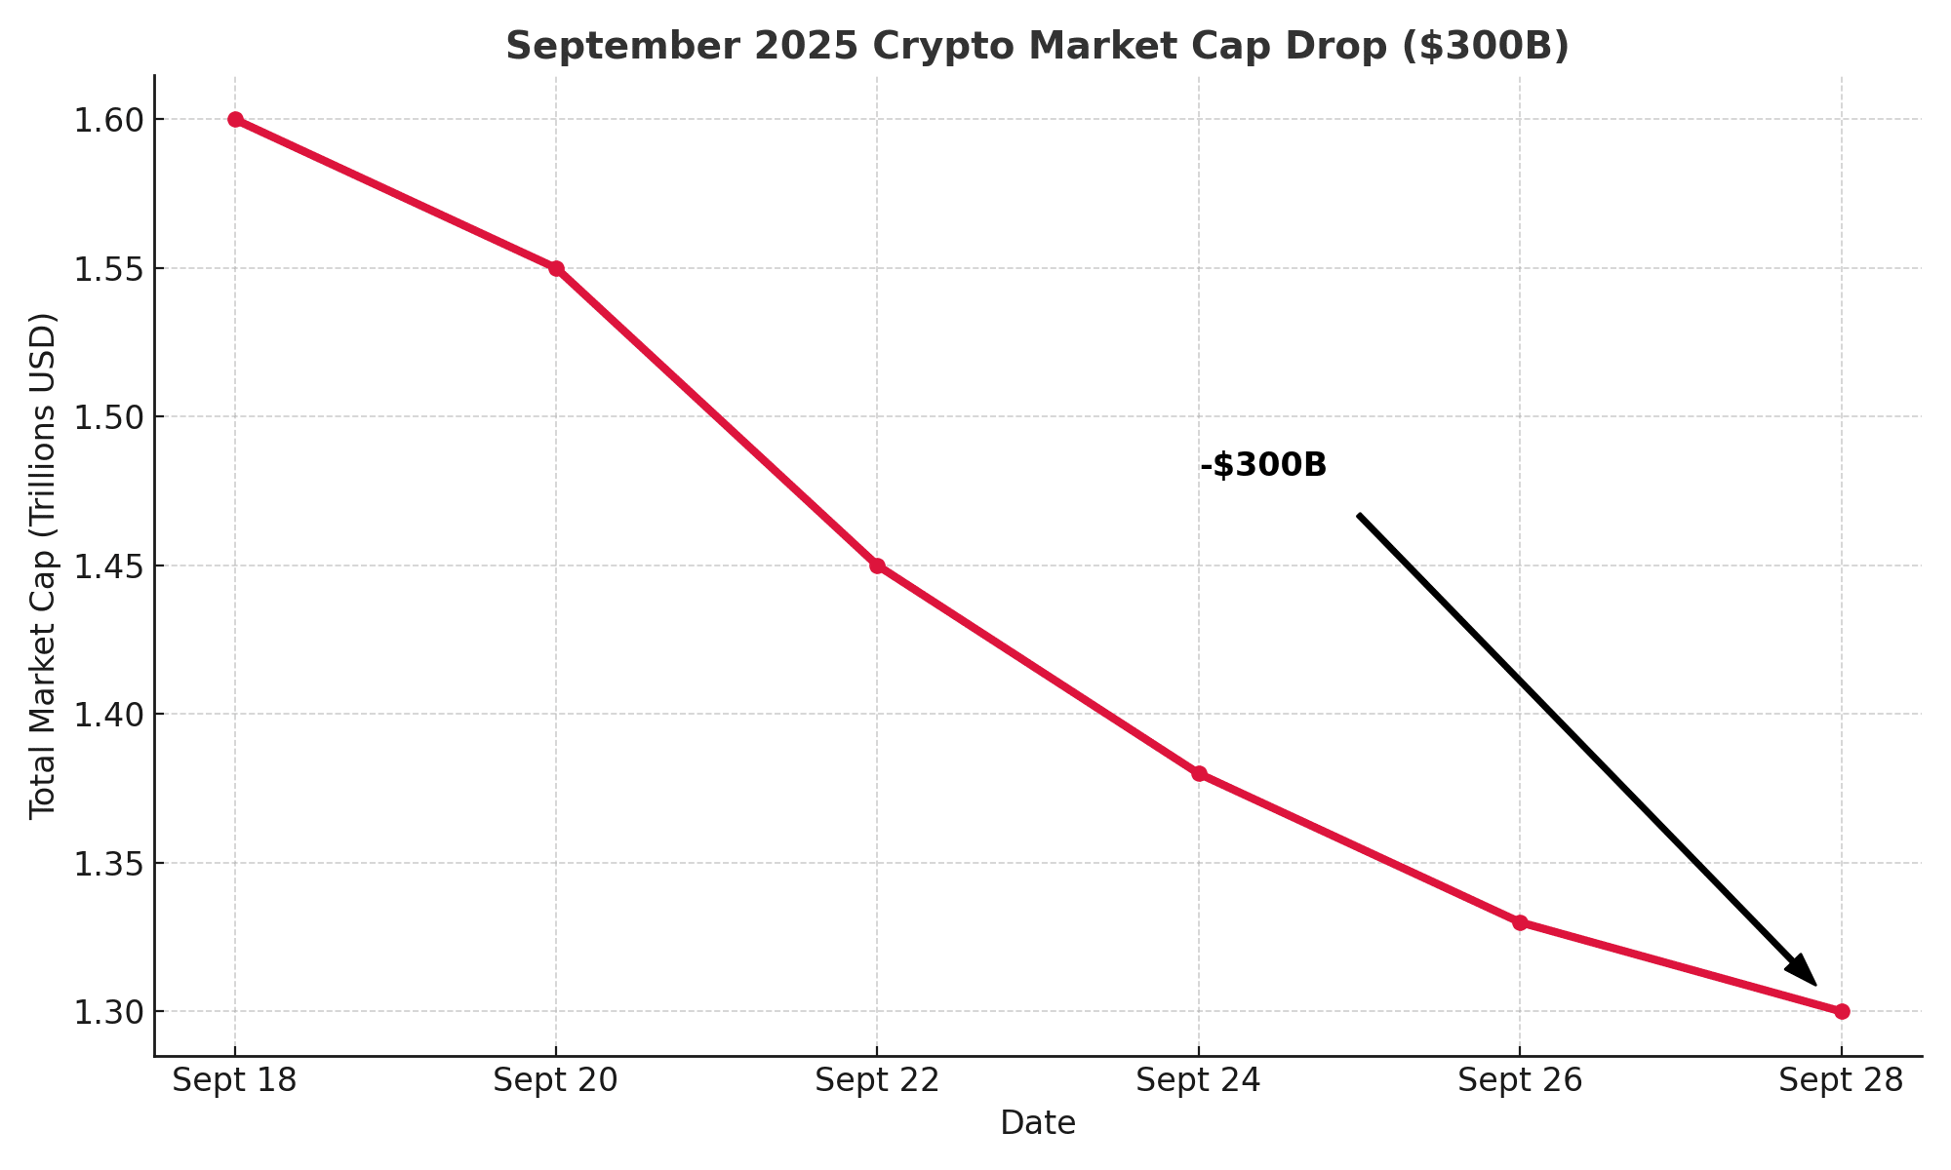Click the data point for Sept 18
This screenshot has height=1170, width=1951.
tap(235, 120)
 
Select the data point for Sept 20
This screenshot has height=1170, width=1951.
tap(556, 268)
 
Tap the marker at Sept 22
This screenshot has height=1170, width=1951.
tap(877, 565)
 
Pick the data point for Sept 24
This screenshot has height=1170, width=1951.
tap(1199, 774)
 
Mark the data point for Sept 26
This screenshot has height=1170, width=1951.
tap(1520, 922)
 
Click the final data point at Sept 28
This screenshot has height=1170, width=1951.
tap(1842, 1012)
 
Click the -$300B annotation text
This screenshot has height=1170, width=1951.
tap(1263, 466)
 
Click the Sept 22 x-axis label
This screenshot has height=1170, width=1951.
tap(877, 1080)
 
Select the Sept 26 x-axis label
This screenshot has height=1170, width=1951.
tap(1520, 1080)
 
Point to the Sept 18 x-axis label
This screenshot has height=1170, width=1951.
tap(235, 1080)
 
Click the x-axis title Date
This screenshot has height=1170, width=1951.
tap(1038, 1123)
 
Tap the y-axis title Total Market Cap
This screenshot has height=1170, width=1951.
tap(43, 565)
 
